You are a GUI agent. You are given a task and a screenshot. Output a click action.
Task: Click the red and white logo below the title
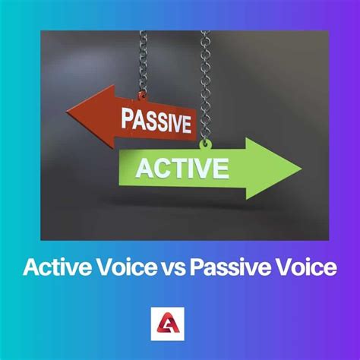180,323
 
